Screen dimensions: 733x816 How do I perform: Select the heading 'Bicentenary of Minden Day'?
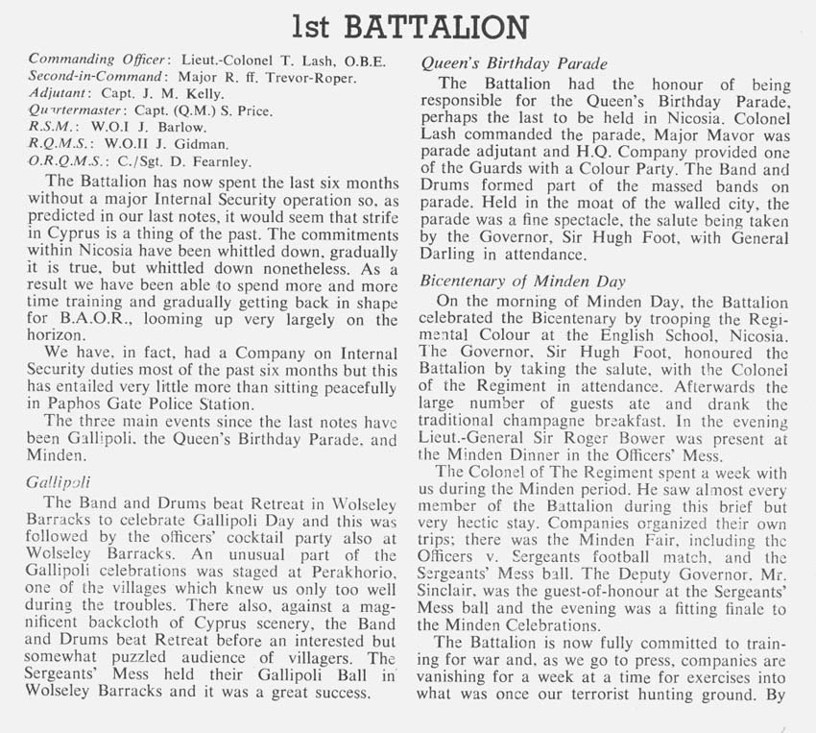tap(524, 281)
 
